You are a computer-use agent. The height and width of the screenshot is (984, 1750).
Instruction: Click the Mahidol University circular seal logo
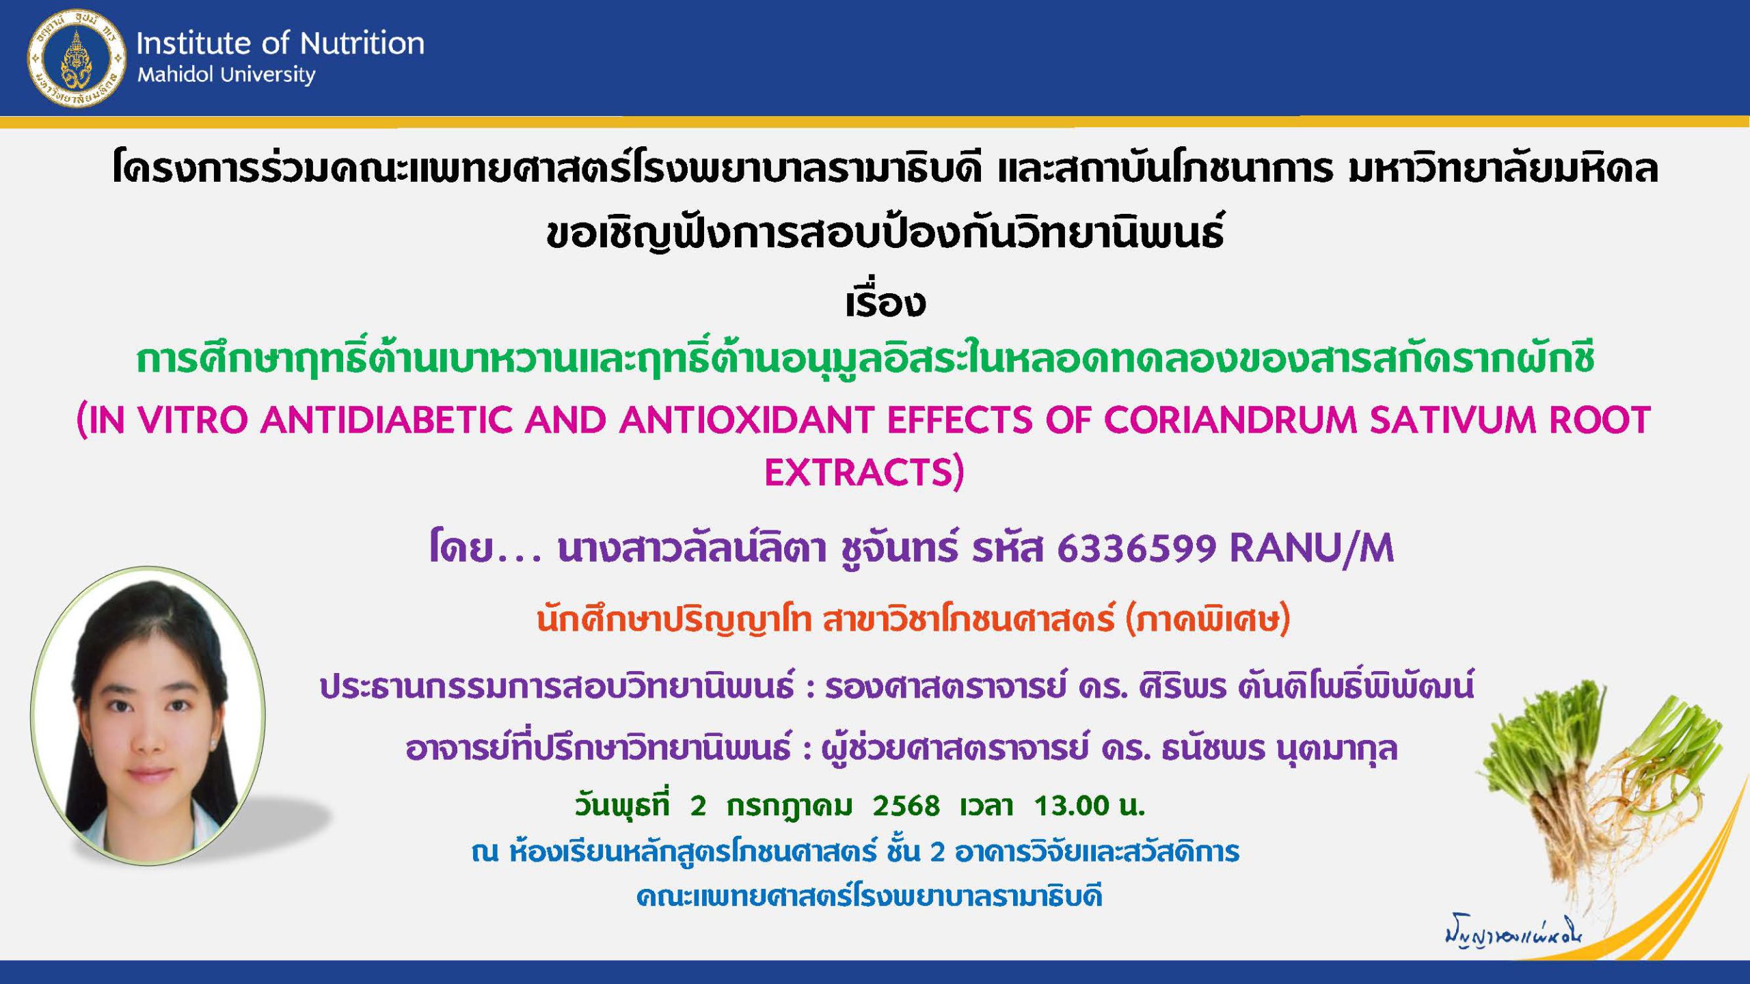(76, 58)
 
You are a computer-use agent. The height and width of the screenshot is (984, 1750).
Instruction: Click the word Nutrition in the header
(362, 43)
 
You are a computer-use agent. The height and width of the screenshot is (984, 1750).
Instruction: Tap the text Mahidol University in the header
(226, 74)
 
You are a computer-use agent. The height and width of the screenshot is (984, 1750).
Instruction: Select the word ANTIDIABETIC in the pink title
(386, 420)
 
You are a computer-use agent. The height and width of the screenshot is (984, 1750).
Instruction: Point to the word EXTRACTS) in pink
(864, 472)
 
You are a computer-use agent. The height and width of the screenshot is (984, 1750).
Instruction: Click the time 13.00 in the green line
(1070, 806)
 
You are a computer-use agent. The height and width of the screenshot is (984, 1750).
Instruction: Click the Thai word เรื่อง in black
(885, 303)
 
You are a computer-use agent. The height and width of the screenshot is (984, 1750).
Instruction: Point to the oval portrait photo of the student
(148, 715)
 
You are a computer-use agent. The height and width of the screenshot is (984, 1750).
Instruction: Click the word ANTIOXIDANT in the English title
(746, 420)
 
